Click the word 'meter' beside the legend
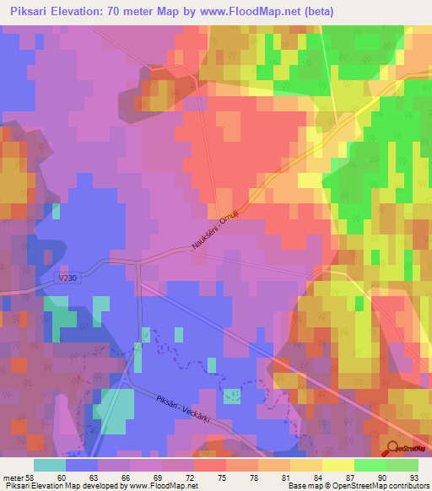point(13,475)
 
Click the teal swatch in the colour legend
point(50,464)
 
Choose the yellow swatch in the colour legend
point(337,464)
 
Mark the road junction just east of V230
point(138,262)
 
